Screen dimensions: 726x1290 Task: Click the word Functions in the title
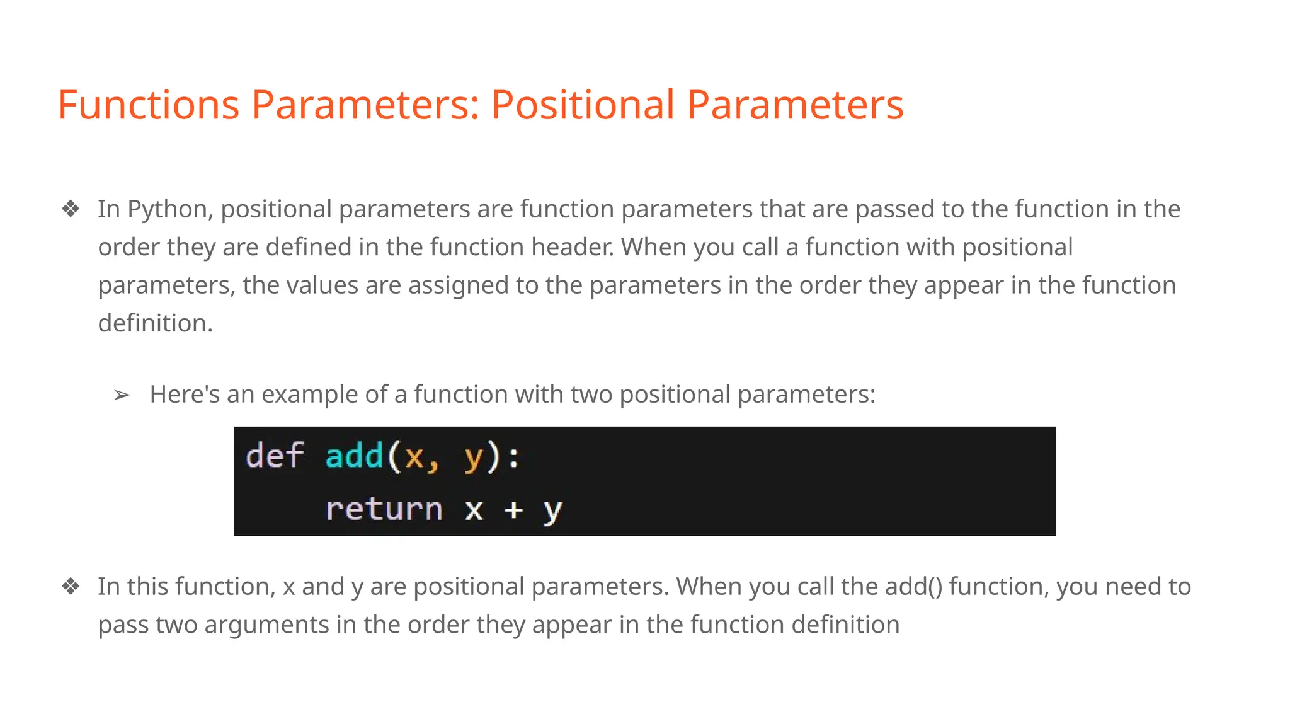[x=148, y=105]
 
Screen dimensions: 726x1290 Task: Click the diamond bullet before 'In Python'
[x=71, y=209]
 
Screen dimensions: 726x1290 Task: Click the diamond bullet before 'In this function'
[x=71, y=587]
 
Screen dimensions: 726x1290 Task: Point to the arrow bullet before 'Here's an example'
[x=122, y=395]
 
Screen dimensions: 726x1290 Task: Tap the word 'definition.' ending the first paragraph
[x=155, y=323]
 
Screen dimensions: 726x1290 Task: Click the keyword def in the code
[x=275, y=456]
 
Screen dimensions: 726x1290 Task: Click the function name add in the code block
[x=354, y=456]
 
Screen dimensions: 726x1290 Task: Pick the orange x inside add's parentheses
[x=414, y=456]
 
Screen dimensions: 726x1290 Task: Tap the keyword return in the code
[x=384, y=509]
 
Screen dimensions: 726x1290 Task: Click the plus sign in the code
[x=513, y=509]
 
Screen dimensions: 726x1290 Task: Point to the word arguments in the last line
[x=266, y=625]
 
